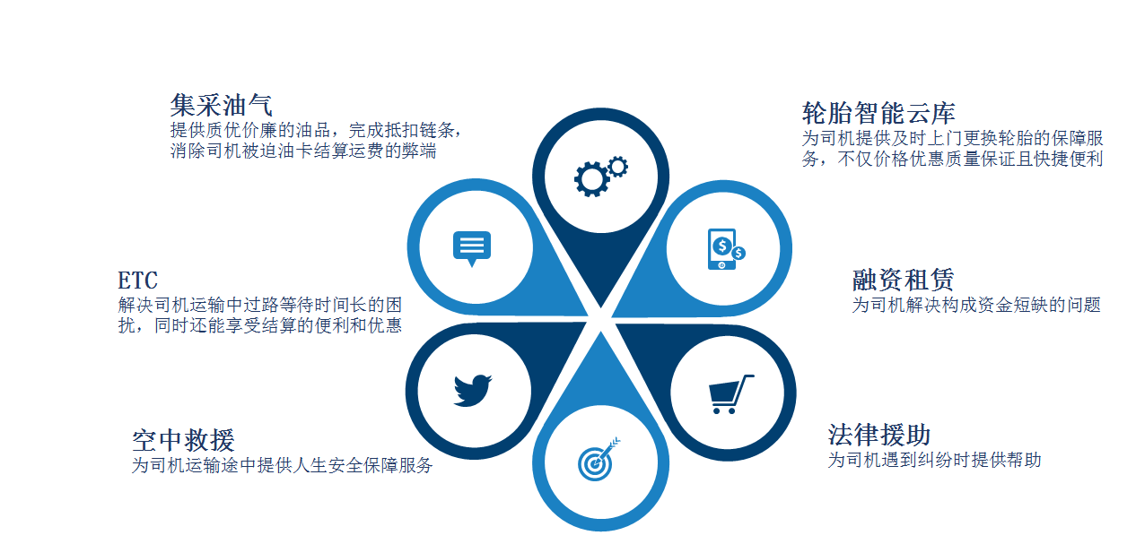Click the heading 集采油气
221,106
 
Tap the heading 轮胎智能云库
878,113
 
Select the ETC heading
137,281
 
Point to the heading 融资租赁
904,280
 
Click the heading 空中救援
183,440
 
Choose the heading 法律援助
878,435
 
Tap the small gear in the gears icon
617,166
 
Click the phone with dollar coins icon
726,249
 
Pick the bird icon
473,390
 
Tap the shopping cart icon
730,394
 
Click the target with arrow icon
599,459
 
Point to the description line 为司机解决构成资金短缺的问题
976,305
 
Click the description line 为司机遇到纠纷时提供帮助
934,460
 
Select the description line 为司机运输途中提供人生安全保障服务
282,465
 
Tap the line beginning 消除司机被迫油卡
303,151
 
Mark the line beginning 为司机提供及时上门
952,138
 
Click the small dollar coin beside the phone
738,253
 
